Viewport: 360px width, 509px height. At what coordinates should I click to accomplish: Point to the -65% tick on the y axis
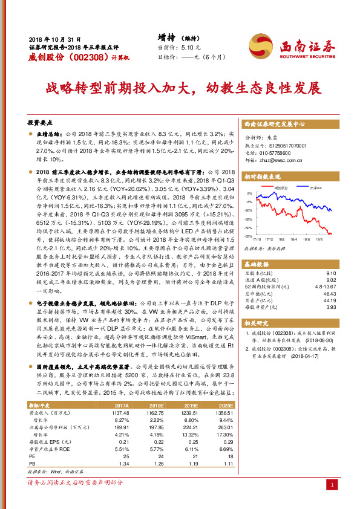coord(248,237)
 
